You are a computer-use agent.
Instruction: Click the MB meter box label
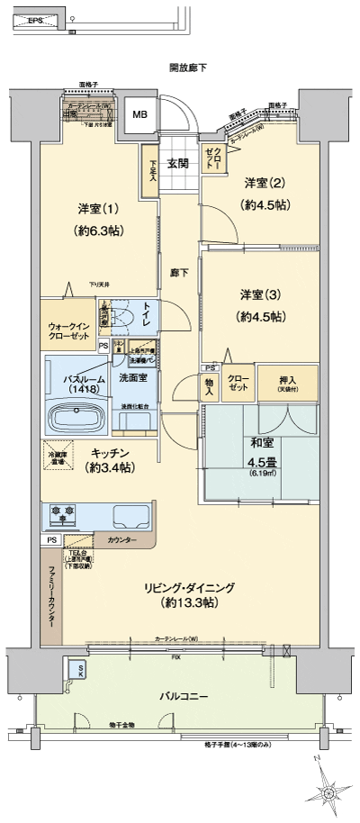tap(140, 114)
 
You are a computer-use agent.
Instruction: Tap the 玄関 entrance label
tap(177, 164)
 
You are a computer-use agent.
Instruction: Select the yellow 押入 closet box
tap(288, 379)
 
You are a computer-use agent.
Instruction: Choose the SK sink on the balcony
tap(78, 670)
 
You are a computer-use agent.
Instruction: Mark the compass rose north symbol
tap(328, 791)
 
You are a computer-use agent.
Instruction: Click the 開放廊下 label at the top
tap(186, 68)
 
